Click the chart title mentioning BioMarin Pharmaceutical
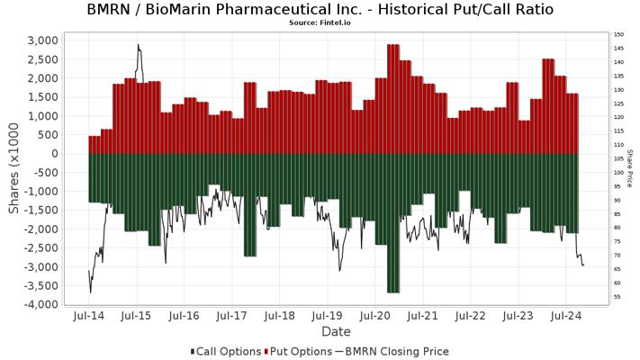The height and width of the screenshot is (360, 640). (x=320, y=10)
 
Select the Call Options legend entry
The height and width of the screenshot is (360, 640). (x=226, y=351)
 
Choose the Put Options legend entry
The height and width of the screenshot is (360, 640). (x=298, y=351)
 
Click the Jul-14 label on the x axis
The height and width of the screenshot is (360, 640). (x=88, y=316)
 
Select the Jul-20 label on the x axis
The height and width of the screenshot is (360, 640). (x=375, y=316)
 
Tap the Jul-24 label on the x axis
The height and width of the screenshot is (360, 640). (x=566, y=316)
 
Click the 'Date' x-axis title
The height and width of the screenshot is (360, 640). (x=337, y=332)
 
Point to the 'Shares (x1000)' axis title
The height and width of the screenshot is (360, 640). (x=14, y=172)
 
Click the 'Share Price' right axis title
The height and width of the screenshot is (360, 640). (x=630, y=172)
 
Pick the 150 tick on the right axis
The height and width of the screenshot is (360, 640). (x=619, y=35)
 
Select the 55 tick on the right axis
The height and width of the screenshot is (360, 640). (x=617, y=296)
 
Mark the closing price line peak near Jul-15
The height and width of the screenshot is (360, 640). (x=138, y=44)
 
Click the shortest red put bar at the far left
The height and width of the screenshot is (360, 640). (x=95, y=145)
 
